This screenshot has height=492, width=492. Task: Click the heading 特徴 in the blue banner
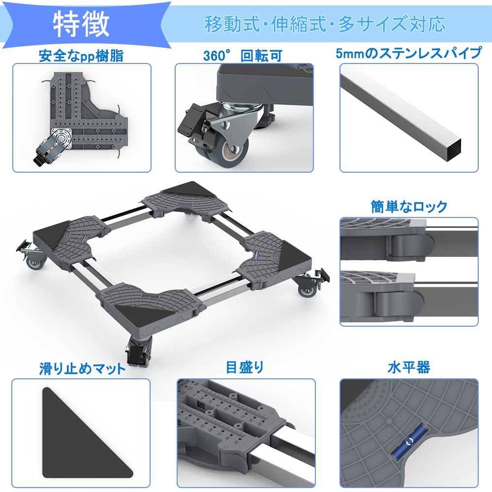81,24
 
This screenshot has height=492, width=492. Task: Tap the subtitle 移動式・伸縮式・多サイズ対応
325,24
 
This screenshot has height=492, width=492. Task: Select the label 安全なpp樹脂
81,56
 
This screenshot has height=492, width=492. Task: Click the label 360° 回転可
243,56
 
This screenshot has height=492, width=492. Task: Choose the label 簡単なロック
409,206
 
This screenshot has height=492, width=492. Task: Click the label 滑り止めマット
82,368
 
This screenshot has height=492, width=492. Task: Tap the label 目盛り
245,367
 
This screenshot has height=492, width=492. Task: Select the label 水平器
408,368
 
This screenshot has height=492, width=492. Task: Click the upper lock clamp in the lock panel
408,241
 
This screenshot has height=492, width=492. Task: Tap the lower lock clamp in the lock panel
394,300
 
